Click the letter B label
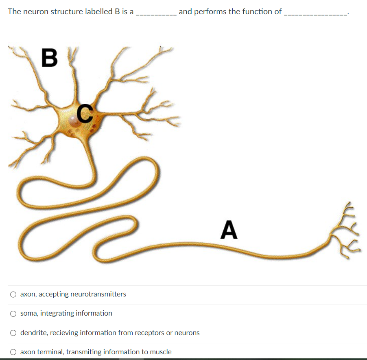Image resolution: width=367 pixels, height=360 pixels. click(x=50, y=57)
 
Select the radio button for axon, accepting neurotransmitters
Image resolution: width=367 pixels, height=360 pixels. click(x=13, y=294)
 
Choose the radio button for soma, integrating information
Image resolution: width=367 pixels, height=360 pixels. click(x=13, y=314)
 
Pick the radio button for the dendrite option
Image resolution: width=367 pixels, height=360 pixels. click(x=13, y=333)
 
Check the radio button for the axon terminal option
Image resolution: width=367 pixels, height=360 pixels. click(x=13, y=352)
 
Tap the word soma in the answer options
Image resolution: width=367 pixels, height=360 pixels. click(x=28, y=313)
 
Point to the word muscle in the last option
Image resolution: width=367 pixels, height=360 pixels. click(x=161, y=352)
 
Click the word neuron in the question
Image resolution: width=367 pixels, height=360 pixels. click(x=35, y=11)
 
